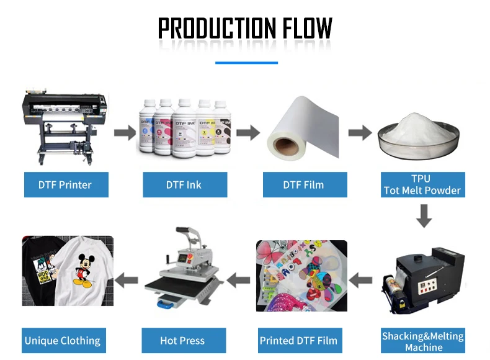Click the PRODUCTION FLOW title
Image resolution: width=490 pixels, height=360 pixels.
245,29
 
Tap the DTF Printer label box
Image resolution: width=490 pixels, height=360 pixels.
65,184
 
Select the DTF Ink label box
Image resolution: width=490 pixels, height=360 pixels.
184,184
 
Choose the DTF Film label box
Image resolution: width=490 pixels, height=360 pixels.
304,184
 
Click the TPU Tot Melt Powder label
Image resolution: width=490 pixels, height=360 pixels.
422,184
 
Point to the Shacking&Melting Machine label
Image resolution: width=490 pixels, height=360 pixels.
422,341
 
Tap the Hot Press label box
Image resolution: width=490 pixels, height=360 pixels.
182,340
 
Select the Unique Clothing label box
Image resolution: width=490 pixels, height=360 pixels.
63,340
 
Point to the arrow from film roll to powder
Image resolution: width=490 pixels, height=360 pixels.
359,132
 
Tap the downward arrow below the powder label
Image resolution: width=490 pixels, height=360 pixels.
424,215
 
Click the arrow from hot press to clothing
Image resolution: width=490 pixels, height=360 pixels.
127,280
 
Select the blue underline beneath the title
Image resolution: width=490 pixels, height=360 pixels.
246,62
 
